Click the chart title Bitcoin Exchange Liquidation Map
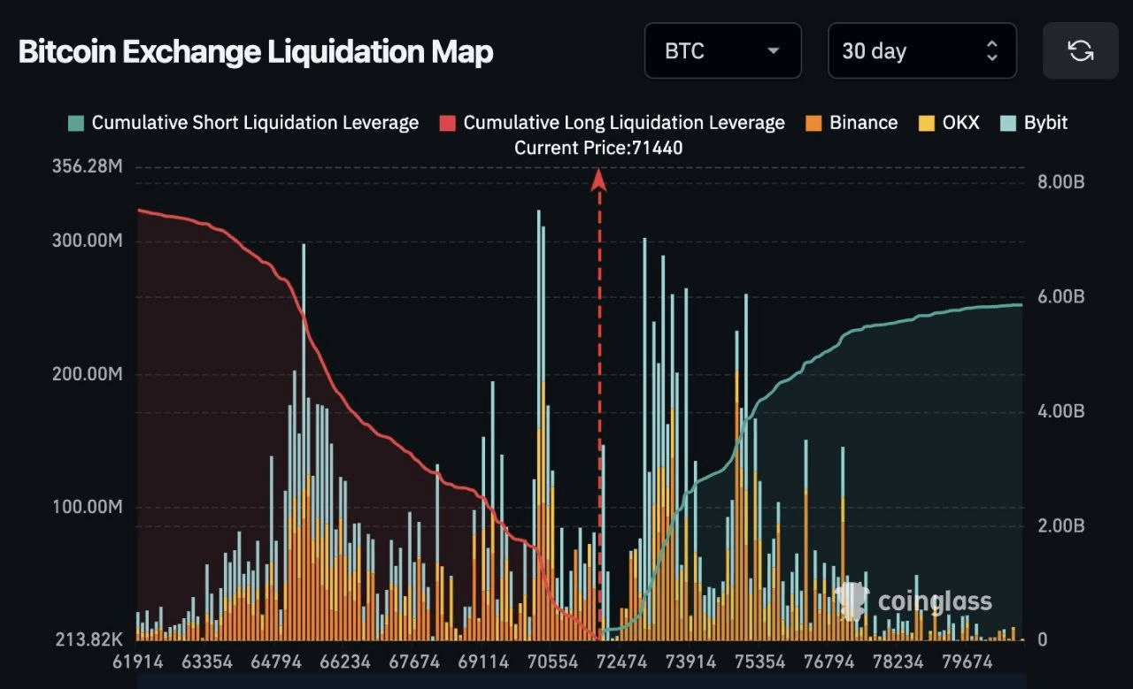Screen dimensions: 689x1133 click(x=255, y=52)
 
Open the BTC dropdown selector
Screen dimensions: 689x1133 click(x=722, y=50)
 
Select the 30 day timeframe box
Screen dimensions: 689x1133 click(x=921, y=50)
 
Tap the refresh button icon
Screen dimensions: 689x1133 click(x=1080, y=50)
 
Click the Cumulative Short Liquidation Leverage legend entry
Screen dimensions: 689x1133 click(x=243, y=123)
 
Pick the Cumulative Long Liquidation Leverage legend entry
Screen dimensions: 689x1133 click(x=613, y=123)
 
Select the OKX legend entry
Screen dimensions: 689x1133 click(x=951, y=123)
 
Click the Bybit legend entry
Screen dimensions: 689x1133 click(x=1035, y=123)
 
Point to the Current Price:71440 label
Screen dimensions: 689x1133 click(x=598, y=148)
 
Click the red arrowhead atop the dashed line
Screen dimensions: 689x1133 click(x=599, y=180)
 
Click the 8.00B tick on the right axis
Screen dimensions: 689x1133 click(x=1060, y=182)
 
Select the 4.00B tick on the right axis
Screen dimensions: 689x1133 click(x=1060, y=411)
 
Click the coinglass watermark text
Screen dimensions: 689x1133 click(x=935, y=602)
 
